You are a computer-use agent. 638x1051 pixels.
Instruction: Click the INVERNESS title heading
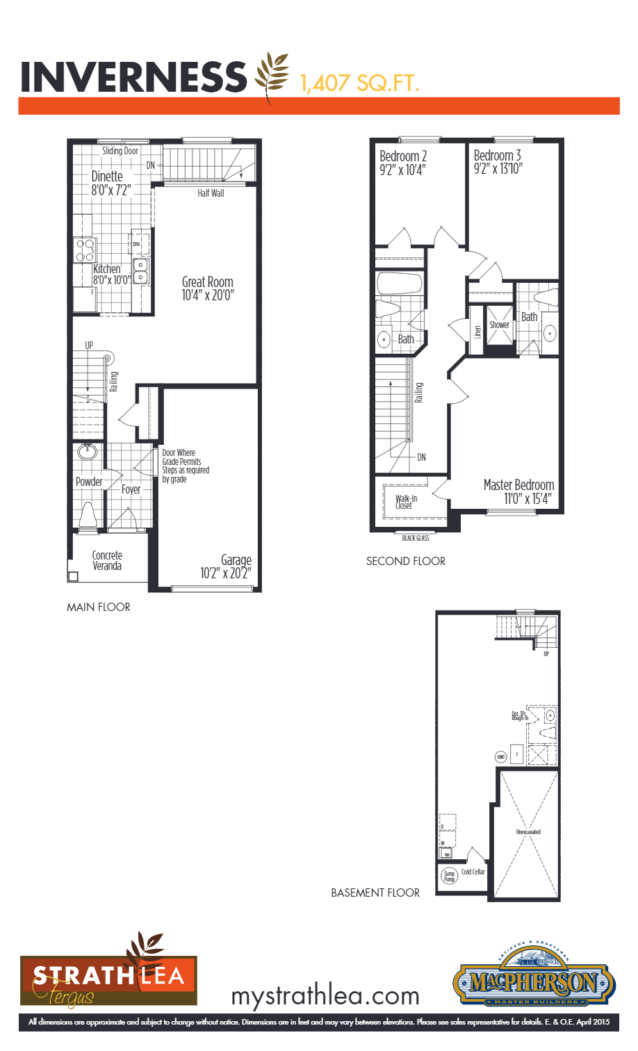pos(133,76)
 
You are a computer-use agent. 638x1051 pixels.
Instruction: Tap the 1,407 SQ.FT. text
pos(359,83)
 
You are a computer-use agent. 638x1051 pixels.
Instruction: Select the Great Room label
pos(207,282)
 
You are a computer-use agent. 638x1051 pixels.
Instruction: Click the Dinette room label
pos(107,177)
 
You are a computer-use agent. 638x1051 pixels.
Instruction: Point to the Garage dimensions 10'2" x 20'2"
pos(226,573)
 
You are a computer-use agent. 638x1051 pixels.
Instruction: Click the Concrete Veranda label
pos(107,561)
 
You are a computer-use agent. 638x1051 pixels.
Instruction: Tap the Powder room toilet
pos(88,515)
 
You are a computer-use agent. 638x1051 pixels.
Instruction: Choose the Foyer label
pos(131,489)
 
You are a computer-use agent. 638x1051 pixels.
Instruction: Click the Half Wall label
pos(211,193)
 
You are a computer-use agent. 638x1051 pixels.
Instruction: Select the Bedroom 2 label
pos(403,156)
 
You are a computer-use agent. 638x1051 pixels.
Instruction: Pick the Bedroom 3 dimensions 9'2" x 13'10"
pos(498,169)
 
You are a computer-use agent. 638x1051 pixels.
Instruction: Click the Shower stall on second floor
pos(499,325)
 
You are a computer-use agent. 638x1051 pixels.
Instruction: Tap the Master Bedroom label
pos(518,484)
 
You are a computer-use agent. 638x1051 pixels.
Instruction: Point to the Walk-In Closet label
pos(406,502)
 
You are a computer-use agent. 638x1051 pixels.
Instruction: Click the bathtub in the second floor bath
pos(400,284)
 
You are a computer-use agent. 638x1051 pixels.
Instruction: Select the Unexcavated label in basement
pos(528,832)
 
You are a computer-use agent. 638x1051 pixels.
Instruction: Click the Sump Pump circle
pos(450,877)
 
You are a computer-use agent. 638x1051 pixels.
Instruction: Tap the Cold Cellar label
pos(473,872)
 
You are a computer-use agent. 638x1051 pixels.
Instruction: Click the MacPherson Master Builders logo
pos(534,981)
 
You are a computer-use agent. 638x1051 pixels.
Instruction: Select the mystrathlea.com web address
pos(325,996)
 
